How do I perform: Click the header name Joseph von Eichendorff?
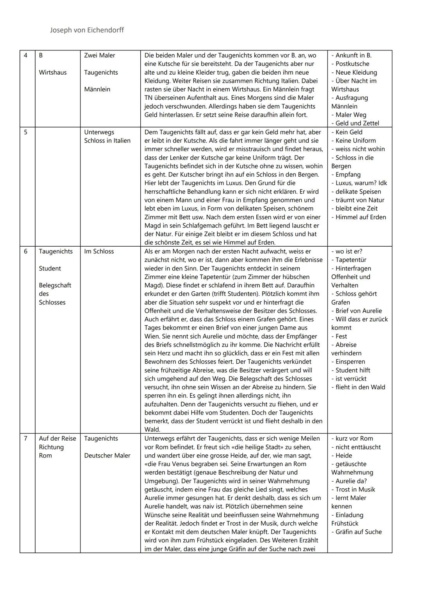pos(87,30)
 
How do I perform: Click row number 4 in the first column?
pos(26,56)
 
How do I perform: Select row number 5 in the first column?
pos(26,132)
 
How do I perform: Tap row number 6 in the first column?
pos(26,251)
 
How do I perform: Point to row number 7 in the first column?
pos(26,439)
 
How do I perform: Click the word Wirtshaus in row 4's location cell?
pos(53,72)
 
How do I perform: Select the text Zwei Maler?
pos(100,56)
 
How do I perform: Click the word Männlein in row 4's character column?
pos(97,89)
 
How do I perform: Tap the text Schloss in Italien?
pos(107,141)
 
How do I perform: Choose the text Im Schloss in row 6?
pos(99,251)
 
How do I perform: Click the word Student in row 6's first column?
pos(50,269)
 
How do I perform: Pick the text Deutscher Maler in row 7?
pos(107,455)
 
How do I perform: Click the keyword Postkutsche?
pos(352,64)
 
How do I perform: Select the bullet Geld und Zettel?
pos(357,123)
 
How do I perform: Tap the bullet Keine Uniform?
pos(356,141)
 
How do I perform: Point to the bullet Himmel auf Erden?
pos(361,217)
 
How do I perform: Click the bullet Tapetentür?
pos(351,260)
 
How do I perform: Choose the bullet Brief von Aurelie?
pos(359,311)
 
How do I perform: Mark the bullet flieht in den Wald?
pos(360,387)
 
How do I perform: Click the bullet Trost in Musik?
pos(355,489)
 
